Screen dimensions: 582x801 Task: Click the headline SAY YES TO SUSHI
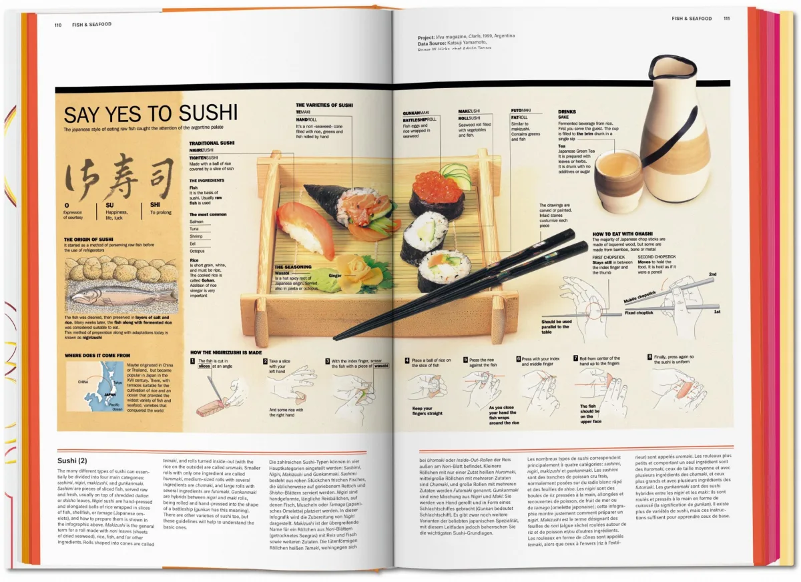pyautogui.click(x=150, y=113)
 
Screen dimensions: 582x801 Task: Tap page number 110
pyautogui.click(x=59, y=24)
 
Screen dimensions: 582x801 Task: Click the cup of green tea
pyautogui.click(x=618, y=180)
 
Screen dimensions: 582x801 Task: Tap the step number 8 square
pyautogui.click(x=649, y=357)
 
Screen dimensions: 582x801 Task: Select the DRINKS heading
pyautogui.click(x=567, y=111)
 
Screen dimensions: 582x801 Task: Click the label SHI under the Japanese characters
pyautogui.click(x=156, y=205)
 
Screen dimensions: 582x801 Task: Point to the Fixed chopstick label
pyautogui.click(x=639, y=312)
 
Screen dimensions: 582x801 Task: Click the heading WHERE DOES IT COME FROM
pyautogui.click(x=97, y=355)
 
